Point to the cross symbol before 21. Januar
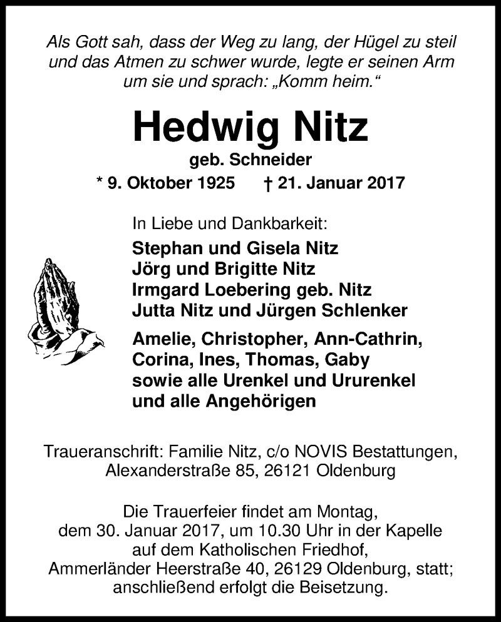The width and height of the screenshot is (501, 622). point(269,183)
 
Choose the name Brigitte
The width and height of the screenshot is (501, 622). point(246,269)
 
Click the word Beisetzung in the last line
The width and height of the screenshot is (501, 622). point(340,589)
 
